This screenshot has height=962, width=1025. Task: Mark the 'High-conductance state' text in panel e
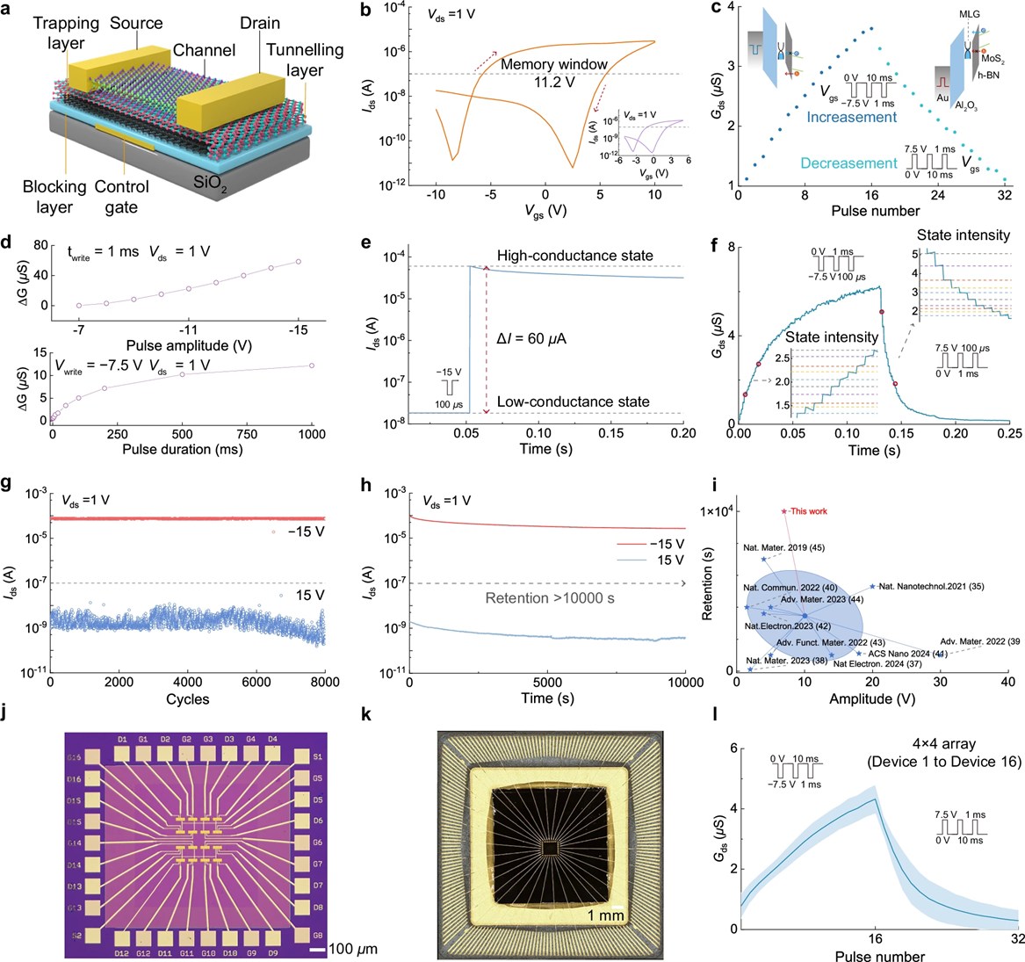point(574,256)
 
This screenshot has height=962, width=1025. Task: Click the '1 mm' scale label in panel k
point(606,916)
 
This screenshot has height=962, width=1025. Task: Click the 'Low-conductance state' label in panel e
point(573,401)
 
